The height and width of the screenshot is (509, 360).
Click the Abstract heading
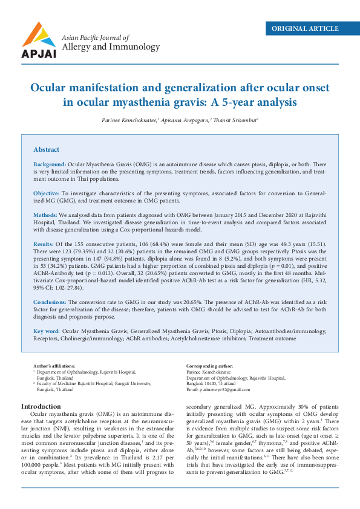46,149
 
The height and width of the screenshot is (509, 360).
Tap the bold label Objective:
47,192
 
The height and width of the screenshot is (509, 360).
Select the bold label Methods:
45,214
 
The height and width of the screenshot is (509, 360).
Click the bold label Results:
44,242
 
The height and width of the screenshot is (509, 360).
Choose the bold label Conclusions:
50,301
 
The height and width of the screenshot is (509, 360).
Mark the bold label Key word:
47,331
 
